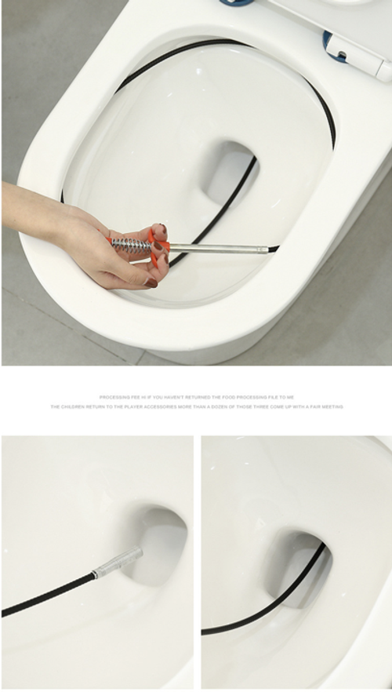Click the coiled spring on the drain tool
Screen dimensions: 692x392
130,246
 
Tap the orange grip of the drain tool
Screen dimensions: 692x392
159,239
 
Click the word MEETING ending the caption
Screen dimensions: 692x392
333,407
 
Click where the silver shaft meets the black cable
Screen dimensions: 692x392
269,250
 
